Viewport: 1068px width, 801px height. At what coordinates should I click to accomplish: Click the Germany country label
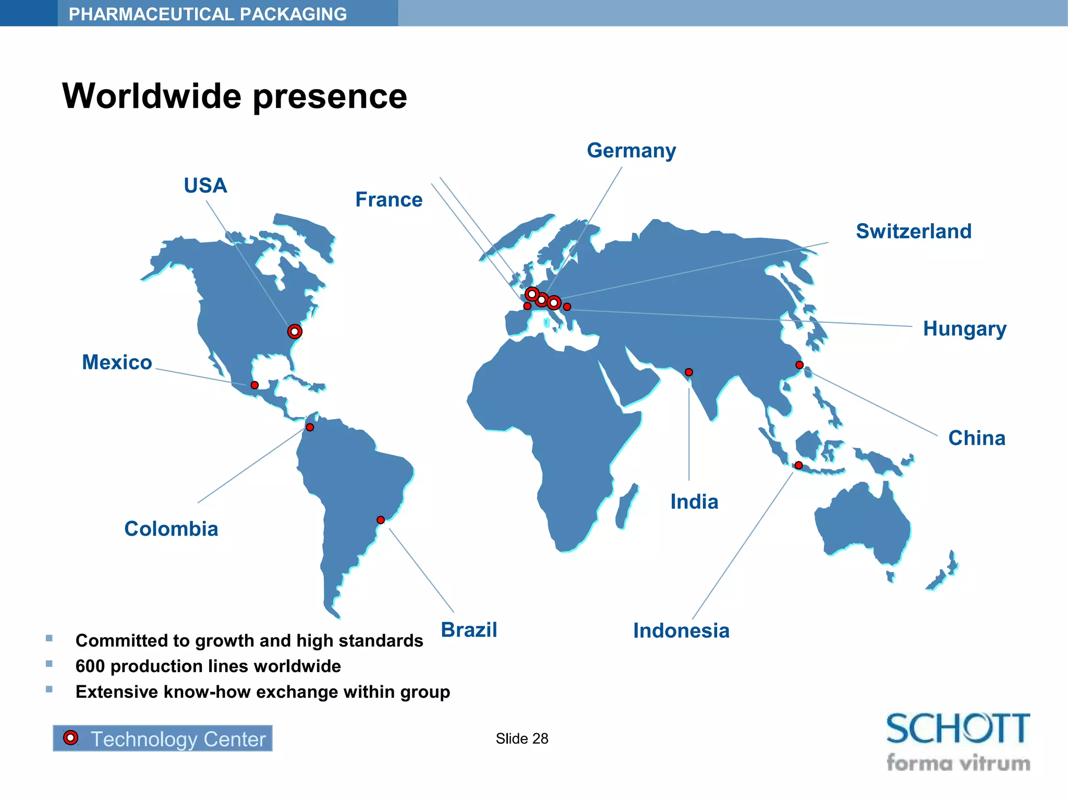point(631,151)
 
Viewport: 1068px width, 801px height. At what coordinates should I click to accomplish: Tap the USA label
point(205,186)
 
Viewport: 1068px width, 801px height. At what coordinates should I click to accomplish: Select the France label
point(389,200)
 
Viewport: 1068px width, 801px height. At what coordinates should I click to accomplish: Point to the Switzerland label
point(914,232)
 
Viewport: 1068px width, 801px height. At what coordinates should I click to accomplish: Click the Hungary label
point(964,329)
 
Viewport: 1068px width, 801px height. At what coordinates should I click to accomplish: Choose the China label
point(976,438)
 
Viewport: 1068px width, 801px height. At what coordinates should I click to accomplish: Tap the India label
point(694,502)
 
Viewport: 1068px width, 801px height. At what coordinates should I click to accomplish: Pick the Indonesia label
point(681,630)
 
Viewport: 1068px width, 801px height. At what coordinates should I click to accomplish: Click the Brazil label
point(469,629)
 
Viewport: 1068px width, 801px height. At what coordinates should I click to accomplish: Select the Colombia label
point(171,529)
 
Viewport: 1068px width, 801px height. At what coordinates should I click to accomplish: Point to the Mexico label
point(117,362)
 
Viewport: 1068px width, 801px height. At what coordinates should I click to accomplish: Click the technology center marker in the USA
point(295,332)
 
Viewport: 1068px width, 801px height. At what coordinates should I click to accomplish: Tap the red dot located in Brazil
point(381,520)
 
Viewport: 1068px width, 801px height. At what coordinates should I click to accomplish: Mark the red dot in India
point(689,372)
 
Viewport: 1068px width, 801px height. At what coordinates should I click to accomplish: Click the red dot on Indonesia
point(798,465)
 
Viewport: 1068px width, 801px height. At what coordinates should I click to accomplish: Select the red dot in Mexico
point(254,385)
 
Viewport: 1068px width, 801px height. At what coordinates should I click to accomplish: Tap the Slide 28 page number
point(521,738)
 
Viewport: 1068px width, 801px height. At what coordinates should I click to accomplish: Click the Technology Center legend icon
point(71,738)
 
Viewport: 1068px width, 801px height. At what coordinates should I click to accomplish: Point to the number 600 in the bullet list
point(90,666)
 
